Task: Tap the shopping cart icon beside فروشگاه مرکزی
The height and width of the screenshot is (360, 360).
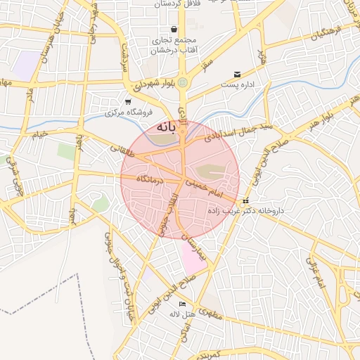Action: (x=127, y=101)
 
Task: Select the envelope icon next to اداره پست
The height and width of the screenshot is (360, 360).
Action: (x=237, y=74)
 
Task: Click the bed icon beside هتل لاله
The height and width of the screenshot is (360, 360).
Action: (x=183, y=304)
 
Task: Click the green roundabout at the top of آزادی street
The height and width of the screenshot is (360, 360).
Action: (x=183, y=82)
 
